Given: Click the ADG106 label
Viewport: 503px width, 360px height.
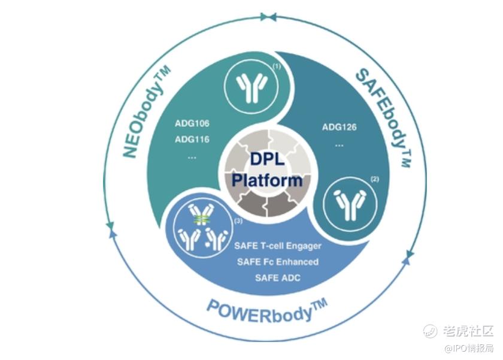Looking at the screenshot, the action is click(x=192, y=123).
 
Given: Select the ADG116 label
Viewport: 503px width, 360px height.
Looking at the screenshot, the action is click(x=192, y=139).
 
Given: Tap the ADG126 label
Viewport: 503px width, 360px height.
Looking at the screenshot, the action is click(x=339, y=127).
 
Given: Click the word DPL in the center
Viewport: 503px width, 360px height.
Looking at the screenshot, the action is click(x=267, y=159).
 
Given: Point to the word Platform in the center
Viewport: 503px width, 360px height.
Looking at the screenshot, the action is click(x=267, y=180).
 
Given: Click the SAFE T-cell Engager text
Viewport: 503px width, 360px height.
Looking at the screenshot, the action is click(x=278, y=246).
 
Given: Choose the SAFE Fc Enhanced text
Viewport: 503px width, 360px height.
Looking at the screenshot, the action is click(x=278, y=262).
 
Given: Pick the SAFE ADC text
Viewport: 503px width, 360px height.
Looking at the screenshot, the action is click(x=278, y=277).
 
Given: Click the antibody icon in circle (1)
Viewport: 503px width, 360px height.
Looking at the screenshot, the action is click(x=252, y=87).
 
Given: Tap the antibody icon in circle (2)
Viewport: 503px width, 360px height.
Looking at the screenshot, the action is click(x=350, y=204).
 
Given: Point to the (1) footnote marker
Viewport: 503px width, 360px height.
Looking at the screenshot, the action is click(x=277, y=66).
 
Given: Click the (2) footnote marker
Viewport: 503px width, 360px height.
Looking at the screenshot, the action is click(x=375, y=179).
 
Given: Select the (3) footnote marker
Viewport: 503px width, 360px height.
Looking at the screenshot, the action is click(x=238, y=221).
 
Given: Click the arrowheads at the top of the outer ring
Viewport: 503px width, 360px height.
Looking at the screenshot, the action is click(x=268, y=17).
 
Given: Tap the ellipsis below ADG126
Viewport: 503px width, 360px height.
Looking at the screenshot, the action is click(x=339, y=146).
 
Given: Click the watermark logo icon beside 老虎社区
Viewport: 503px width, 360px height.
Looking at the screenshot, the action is click(x=430, y=331).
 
